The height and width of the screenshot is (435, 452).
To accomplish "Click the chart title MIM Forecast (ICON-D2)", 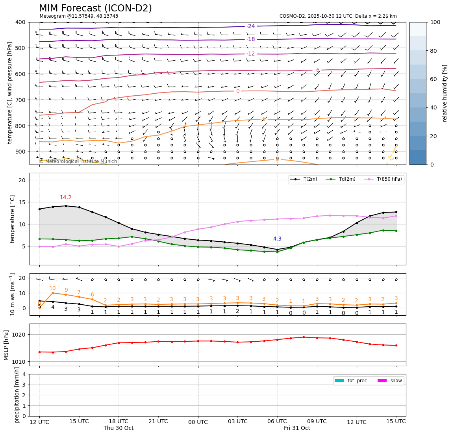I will coord(95,8).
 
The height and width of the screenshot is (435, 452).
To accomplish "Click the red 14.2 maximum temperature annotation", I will coord(66,198).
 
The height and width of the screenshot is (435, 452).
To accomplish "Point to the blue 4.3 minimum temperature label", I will coord(277,239).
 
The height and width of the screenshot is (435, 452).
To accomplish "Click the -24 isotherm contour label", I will coord(251,26).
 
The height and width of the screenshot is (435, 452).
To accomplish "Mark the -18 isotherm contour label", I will coord(251,39).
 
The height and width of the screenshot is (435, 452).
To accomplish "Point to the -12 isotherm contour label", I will coord(251,54).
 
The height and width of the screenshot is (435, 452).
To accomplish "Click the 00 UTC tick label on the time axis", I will coord(198,422).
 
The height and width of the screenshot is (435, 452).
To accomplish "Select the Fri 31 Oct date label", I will coord(297,428).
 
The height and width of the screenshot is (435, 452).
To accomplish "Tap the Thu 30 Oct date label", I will coord(119,428).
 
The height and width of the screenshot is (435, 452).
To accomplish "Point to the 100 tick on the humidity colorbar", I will coord(435,22).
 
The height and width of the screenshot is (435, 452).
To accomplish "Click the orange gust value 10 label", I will coord(52,289).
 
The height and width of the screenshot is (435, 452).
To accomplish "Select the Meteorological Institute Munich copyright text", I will coord(78,161).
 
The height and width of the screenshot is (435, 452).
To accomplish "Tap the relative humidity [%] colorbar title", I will coord(445,93).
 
